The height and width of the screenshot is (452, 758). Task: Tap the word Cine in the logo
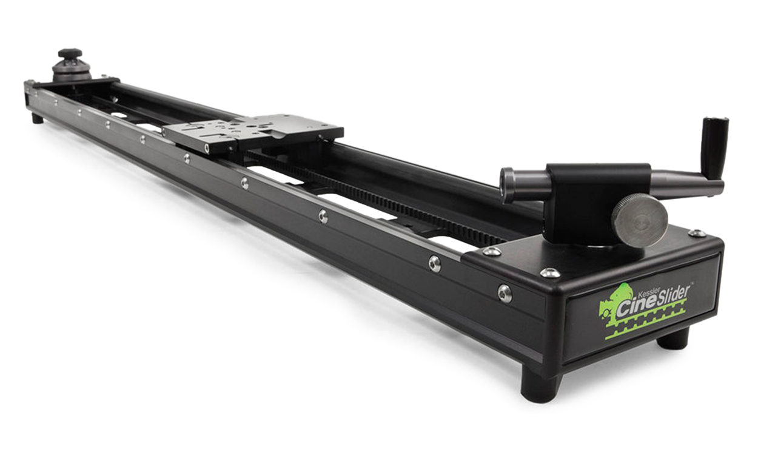pos(634,307)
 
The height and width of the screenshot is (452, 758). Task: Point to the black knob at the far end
pos(70,53)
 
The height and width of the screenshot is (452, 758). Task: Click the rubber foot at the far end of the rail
pos(37,119)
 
